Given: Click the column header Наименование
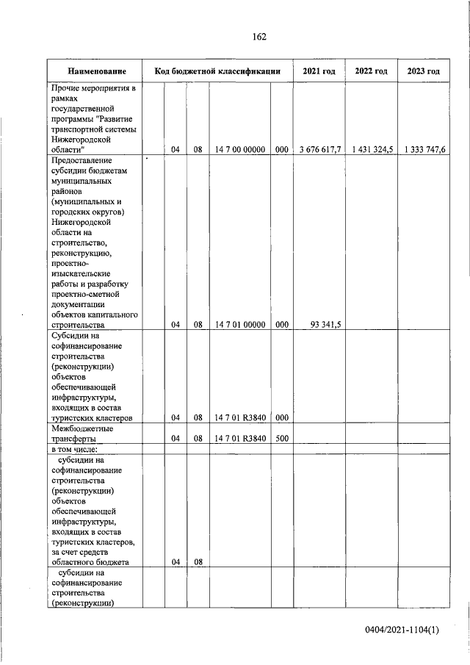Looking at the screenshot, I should point(95,71).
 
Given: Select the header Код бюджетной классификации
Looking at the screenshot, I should point(217,71).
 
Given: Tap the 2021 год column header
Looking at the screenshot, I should point(319,71).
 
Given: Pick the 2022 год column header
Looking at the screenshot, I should point(371,71).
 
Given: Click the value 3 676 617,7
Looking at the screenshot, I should point(319,150).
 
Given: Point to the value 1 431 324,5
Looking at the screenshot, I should point(372,150).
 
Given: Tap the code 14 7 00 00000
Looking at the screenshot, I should point(239,150).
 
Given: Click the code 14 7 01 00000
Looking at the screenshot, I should point(239,324).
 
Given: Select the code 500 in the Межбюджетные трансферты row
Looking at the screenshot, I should point(281,439).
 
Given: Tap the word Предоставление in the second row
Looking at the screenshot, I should point(82,159).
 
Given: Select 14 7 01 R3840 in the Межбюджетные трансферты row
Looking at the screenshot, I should point(239,439).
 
